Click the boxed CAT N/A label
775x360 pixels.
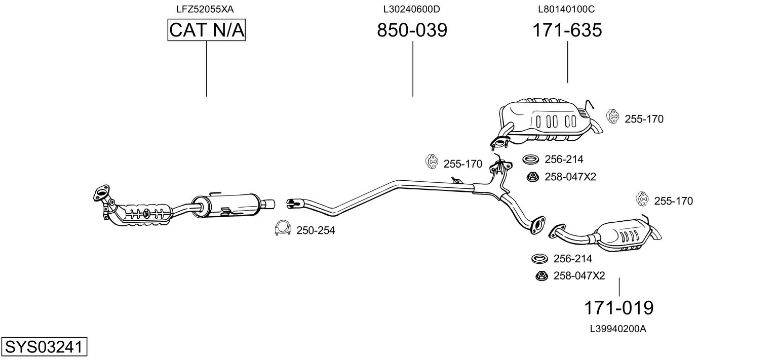click(x=207, y=30)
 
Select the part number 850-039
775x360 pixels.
click(x=412, y=30)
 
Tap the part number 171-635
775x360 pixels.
click(x=567, y=30)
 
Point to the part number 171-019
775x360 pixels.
click(x=618, y=307)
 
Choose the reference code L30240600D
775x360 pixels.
click(x=411, y=9)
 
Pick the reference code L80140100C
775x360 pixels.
click(x=566, y=9)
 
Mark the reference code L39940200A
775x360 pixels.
click(x=618, y=329)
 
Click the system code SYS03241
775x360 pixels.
click(x=43, y=347)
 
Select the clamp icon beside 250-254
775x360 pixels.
click(x=282, y=229)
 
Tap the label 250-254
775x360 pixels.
click(x=316, y=231)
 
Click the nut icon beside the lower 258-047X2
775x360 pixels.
click(x=541, y=276)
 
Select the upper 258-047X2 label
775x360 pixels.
click(x=570, y=177)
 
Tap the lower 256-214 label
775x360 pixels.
click(x=572, y=259)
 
